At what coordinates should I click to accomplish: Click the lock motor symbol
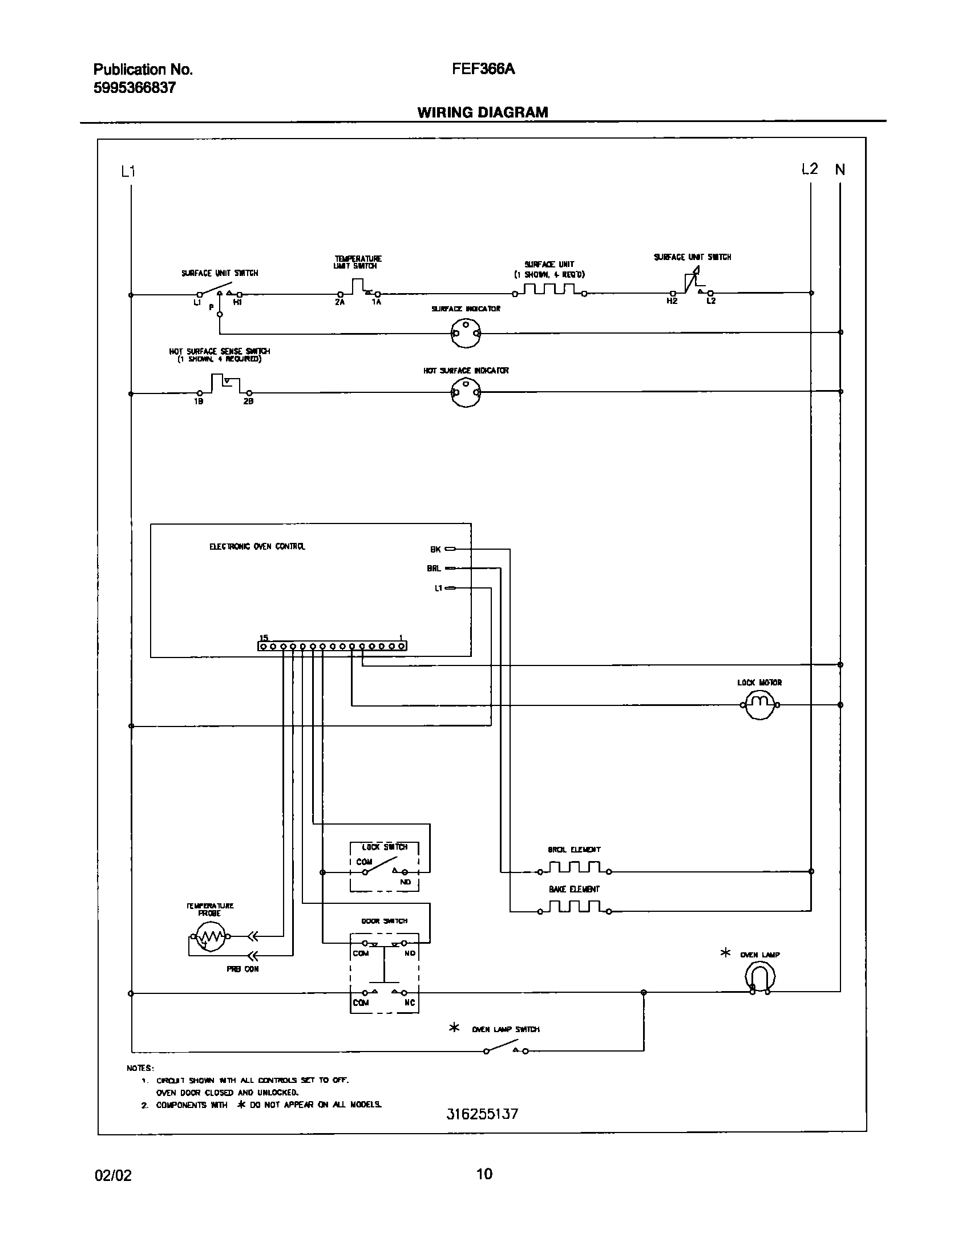(x=761, y=705)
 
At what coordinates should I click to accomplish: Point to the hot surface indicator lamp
(x=466, y=392)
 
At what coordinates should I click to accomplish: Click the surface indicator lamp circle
(x=466, y=333)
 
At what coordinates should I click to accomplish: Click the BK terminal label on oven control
(x=435, y=550)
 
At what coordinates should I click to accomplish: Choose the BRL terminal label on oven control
(x=434, y=569)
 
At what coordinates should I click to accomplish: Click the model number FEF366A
(x=483, y=69)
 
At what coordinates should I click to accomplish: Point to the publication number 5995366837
(x=135, y=88)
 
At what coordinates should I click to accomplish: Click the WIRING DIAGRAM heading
(x=482, y=112)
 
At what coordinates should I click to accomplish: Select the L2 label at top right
(x=809, y=169)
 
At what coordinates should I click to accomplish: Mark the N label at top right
(x=840, y=169)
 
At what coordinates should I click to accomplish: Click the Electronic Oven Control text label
(x=257, y=546)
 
